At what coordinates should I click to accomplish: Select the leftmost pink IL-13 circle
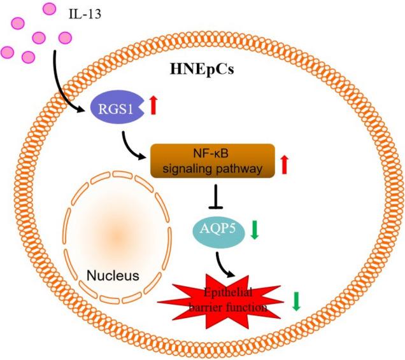(8, 50)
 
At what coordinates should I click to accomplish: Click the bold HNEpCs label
(201, 68)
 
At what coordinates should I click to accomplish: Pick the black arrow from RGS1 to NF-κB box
(135, 142)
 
